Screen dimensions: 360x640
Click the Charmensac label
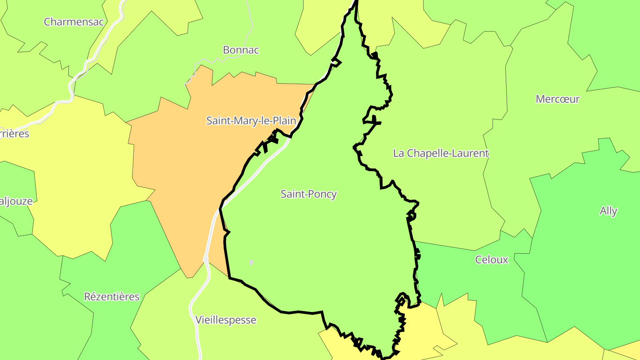pos(74,22)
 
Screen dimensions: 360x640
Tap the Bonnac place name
pos(241,50)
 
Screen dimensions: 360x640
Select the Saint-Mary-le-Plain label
pos(251,120)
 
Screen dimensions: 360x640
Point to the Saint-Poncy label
pos(309,194)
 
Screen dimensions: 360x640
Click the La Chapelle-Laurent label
pos(441,153)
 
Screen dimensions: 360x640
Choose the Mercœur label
pos(558,99)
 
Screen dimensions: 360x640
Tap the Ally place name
pos(608,211)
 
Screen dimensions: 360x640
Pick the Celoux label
pos(492,260)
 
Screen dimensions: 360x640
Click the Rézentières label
pos(112,297)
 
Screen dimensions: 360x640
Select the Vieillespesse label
pos(226,320)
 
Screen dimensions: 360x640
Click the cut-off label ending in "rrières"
pos(14,134)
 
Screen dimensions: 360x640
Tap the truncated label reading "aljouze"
pos(16,201)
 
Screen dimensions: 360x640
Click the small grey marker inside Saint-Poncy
pos(251,262)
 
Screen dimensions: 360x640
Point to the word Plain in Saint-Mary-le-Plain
pos(284,120)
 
